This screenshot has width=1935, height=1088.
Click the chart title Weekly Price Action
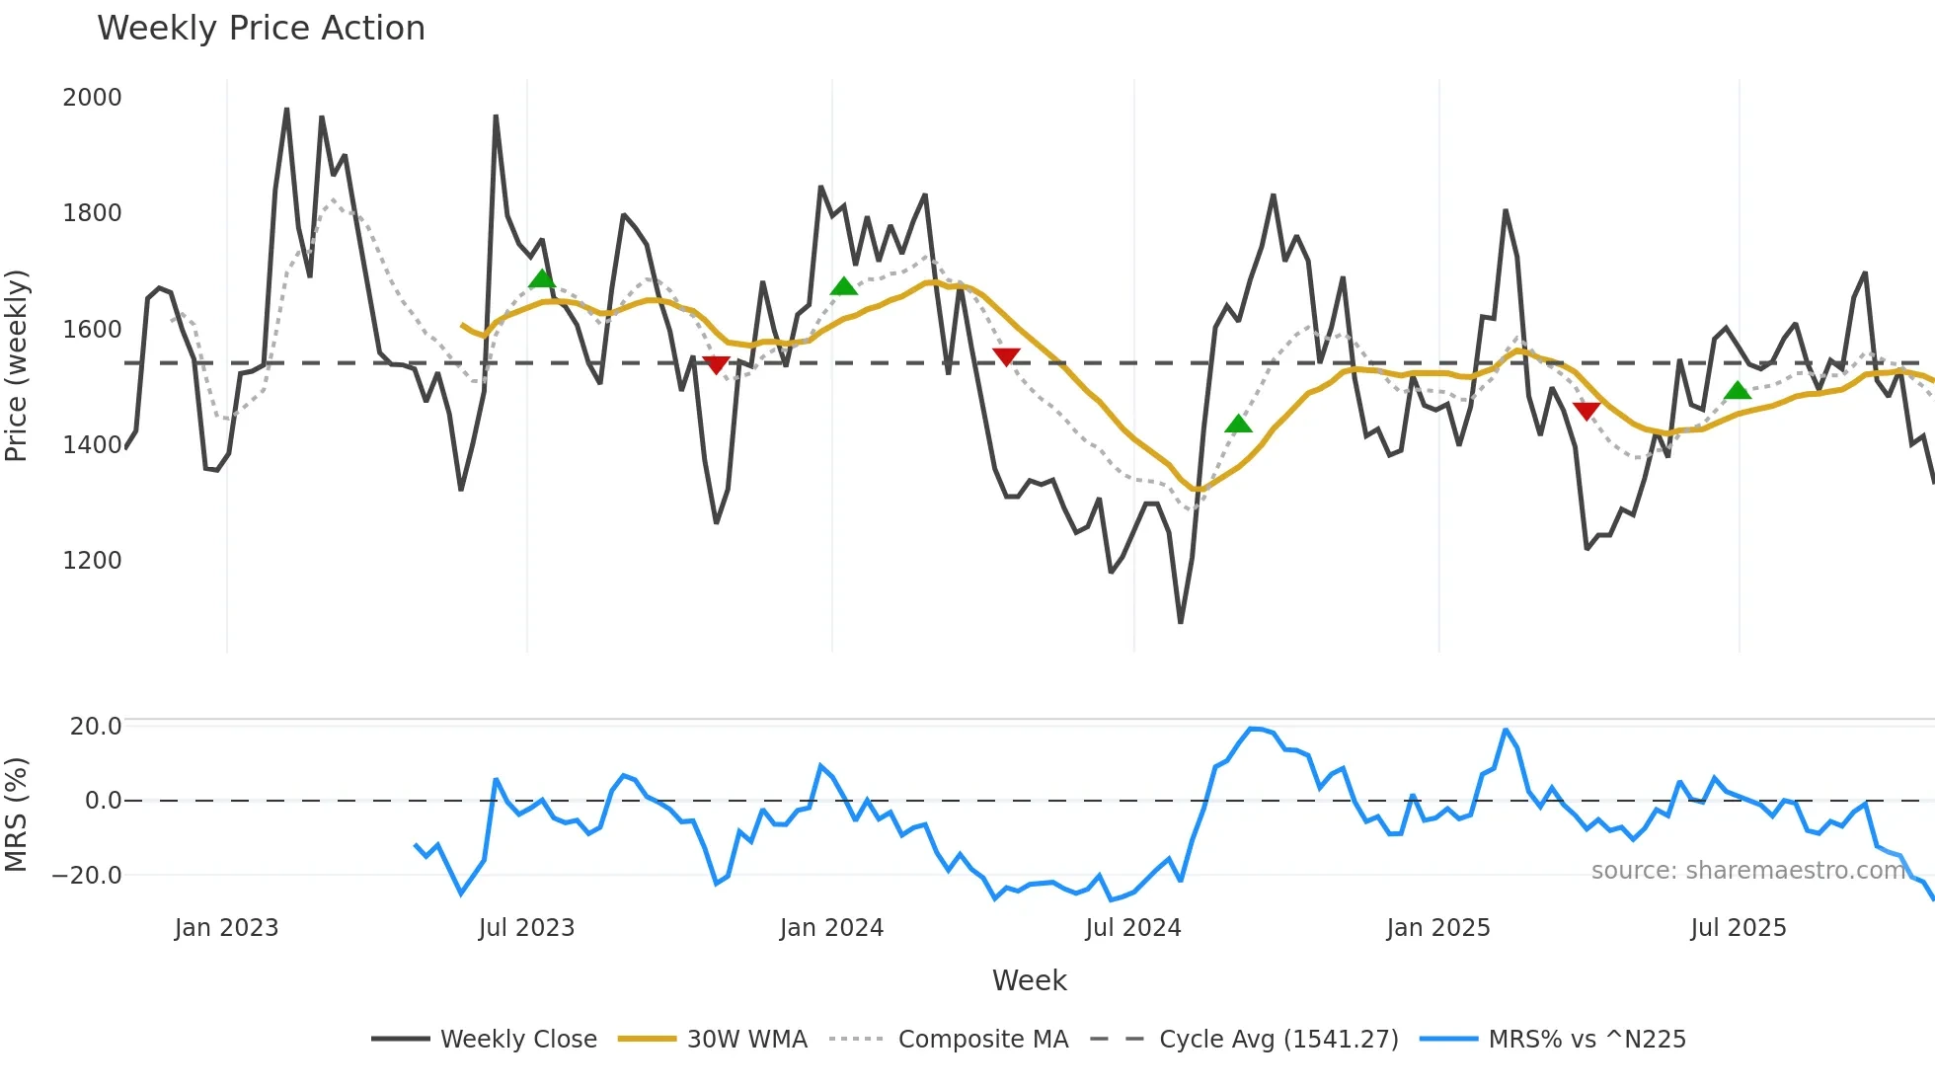(261, 29)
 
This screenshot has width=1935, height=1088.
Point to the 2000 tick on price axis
(92, 98)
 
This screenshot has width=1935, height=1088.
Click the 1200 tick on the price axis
(92, 561)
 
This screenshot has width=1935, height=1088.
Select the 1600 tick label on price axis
(92, 330)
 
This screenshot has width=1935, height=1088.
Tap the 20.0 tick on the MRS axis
(96, 727)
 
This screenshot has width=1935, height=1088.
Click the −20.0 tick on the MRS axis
(87, 876)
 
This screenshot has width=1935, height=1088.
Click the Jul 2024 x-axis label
(1132, 928)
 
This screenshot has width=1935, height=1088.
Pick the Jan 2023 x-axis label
(226, 928)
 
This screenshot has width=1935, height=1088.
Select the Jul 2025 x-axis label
(1738, 928)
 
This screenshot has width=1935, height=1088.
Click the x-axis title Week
(1029, 980)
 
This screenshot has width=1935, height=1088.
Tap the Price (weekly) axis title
(17, 365)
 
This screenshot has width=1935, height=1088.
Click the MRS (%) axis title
(17, 815)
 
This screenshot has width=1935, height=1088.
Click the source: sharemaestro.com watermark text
(1747, 871)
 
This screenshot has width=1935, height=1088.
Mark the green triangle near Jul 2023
(541, 279)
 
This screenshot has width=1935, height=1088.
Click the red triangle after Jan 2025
(1587, 411)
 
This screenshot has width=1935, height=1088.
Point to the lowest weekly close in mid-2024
(1181, 622)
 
